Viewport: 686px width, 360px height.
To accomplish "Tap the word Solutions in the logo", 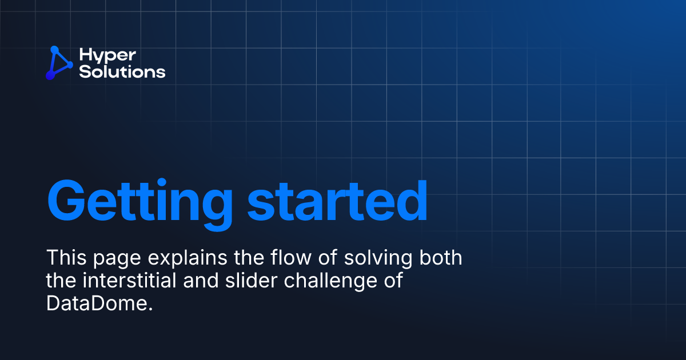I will (122, 72).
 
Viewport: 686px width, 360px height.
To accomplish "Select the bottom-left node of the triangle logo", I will (49, 75).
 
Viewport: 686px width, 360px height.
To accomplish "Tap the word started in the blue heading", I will (338, 201).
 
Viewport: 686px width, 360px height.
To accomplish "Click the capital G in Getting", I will (68, 201).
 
